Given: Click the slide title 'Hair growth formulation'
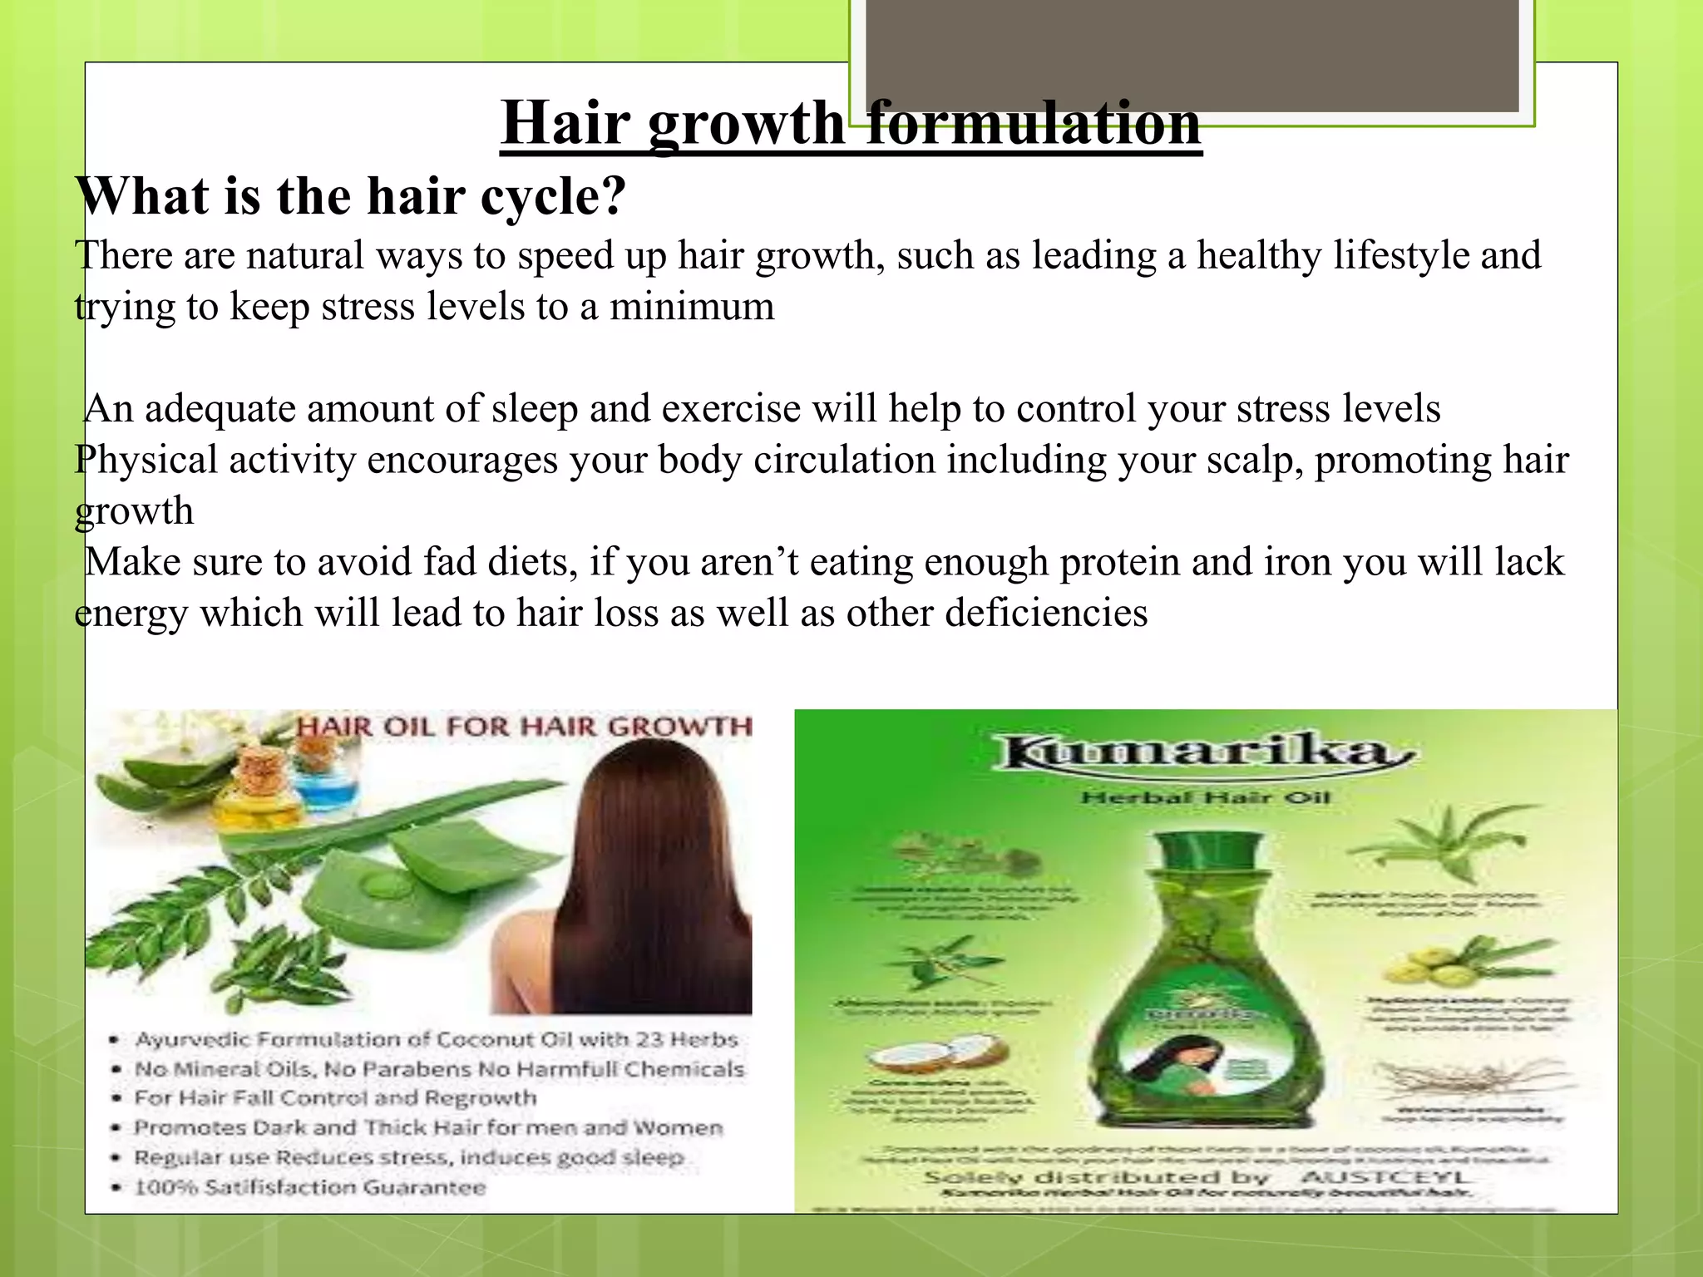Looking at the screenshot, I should (x=851, y=123).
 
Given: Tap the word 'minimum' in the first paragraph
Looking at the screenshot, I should (x=692, y=306).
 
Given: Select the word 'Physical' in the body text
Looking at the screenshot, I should (x=146, y=460).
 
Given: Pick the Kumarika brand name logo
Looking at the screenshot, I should (x=1206, y=752).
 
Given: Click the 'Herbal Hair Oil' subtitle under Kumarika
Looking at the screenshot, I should (x=1206, y=798).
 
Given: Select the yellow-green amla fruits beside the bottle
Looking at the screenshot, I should (x=1422, y=969).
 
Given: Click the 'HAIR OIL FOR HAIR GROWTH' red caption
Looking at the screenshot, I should (x=524, y=727).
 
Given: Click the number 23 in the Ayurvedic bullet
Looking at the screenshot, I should (x=654, y=1039).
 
